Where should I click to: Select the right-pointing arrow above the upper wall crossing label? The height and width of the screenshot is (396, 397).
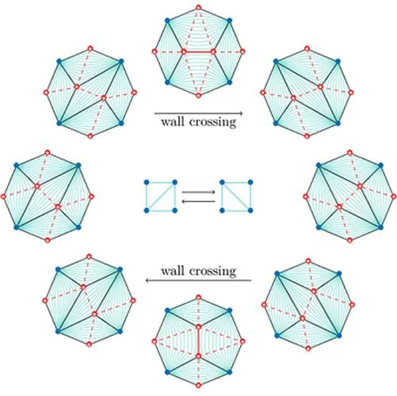tap(198, 113)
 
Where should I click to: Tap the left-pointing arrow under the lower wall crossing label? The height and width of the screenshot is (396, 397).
tap(198, 280)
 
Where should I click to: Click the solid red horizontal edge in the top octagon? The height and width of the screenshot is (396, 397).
tap(198, 51)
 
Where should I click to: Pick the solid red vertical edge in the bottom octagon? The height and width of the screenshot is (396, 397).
tap(198, 341)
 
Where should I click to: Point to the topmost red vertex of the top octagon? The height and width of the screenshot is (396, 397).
tap(198, 8)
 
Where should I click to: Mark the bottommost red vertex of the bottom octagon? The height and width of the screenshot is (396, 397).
tap(198, 385)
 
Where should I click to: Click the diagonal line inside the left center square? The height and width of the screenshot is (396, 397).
tap(161, 196)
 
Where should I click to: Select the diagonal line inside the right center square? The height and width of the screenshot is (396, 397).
tap(236, 196)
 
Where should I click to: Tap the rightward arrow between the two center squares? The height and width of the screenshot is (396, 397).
tap(198, 192)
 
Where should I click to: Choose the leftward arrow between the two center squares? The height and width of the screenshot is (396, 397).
tap(198, 201)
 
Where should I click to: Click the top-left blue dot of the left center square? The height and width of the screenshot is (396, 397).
tap(147, 182)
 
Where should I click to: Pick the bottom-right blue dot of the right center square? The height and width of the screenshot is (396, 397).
tap(250, 211)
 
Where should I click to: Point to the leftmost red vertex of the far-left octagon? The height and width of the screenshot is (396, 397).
tap(3, 196)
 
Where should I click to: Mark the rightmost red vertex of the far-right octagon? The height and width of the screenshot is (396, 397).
tap(394, 196)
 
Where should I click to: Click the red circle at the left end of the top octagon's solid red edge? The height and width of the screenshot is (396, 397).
tap(184, 51)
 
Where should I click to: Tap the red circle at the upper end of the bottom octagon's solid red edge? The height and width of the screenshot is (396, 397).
tap(198, 327)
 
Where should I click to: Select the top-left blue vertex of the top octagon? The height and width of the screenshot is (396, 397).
tap(167, 21)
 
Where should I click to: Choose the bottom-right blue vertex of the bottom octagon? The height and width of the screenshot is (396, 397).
tap(230, 372)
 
